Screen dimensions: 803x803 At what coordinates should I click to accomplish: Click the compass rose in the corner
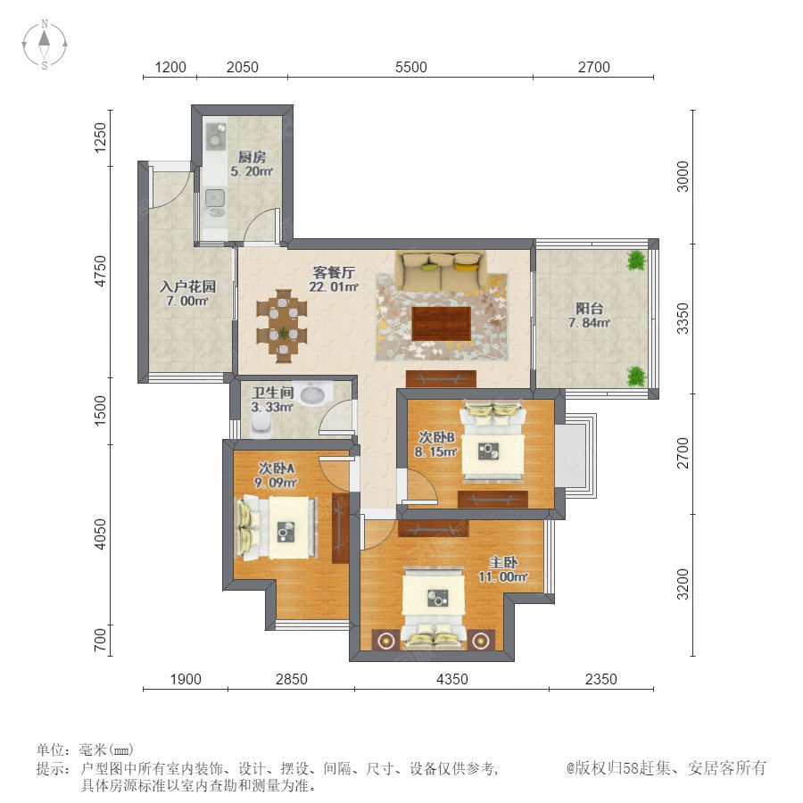tap(45, 45)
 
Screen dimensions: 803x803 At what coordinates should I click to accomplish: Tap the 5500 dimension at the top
tap(410, 67)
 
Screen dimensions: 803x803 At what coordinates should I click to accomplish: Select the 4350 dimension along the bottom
tap(451, 679)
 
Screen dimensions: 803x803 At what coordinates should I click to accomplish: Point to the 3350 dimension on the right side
tap(683, 318)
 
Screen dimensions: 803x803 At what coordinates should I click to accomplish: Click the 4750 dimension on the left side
tap(100, 271)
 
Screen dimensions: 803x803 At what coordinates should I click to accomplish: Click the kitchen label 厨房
tap(252, 157)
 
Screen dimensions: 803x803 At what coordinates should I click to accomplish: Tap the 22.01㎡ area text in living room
tap(334, 286)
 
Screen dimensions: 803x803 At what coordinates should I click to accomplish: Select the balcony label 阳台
tap(589, 309)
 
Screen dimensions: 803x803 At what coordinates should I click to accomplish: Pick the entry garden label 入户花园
tap(187, 286)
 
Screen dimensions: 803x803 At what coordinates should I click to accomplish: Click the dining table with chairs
tap(282, 327)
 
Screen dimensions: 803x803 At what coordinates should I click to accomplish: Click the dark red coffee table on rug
tap(442, 323)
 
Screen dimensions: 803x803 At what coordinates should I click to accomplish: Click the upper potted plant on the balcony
tap(636, 261)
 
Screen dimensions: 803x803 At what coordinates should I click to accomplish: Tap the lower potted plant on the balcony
tap(636, 377)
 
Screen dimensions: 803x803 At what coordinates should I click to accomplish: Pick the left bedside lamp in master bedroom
tap(384, 640)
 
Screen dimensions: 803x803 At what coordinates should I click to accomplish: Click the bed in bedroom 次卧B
tap(493, 441)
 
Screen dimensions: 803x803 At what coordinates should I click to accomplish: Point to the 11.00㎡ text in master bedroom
tap(503, 576)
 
